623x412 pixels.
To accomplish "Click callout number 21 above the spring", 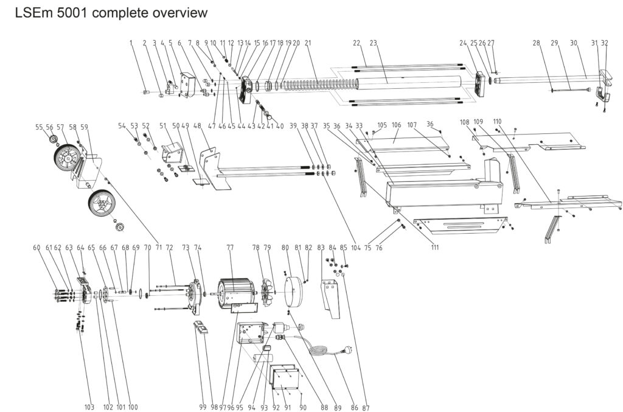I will coord(308,43).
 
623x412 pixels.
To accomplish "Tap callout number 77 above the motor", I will coord(230,248).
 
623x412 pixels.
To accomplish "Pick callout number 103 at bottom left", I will coord(89,407).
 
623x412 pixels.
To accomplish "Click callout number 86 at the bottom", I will coord(349,407).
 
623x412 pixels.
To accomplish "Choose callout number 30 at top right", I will coord(573,43).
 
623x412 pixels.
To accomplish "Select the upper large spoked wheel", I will coord(68,158).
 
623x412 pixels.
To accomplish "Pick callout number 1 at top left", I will coord(131,43).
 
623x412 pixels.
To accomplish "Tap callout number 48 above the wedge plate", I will coord(197,126).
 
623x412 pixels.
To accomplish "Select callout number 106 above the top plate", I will coord(396,125).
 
